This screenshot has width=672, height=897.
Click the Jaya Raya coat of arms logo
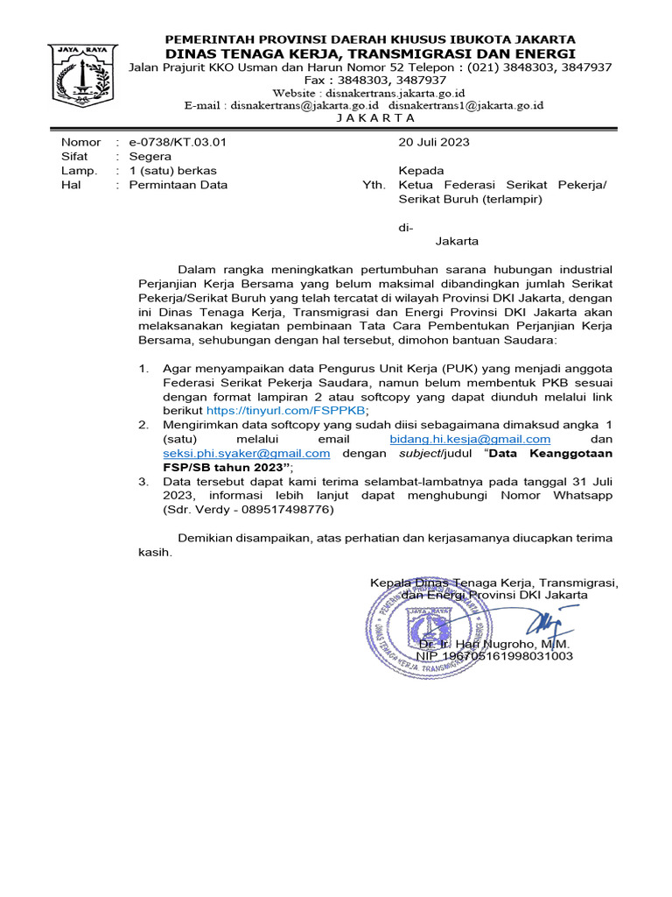point(81,76)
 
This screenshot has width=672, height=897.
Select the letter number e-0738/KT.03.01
point(178,142)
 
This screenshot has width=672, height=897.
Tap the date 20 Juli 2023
point(434,142)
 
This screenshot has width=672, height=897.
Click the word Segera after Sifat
point(150,156)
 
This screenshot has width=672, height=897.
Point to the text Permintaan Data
point(178,185)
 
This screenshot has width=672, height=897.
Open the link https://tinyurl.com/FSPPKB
point(286,410)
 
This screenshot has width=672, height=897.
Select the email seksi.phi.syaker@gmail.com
point(246,453)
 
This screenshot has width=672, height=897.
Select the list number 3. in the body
point(143,481)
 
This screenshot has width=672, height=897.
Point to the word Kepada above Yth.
point(421,170)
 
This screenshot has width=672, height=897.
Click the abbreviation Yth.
point(374,185)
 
